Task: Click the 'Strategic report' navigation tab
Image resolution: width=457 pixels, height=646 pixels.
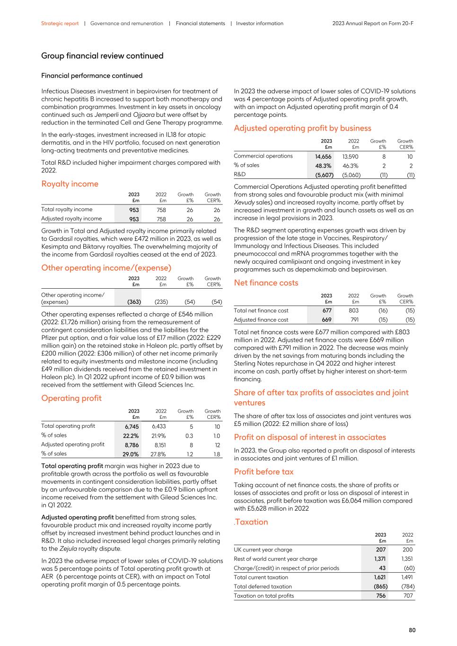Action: (60, 23)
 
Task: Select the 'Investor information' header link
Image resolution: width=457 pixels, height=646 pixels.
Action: (259, 23)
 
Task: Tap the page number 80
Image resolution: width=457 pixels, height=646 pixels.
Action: (412, 630)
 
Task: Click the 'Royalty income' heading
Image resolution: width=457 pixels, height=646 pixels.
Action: (70, 184)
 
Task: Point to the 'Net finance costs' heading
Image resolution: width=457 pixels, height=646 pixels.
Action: (266, 283)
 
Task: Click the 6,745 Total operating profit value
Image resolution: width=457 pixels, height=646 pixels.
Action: (132, 426)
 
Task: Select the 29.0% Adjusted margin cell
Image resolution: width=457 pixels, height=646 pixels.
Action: (131, 454)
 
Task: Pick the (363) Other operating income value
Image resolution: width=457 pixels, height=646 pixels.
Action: (134, 302)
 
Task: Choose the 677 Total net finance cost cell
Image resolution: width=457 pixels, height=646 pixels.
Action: (326, 311)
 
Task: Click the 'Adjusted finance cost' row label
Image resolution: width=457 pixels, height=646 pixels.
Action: (261, 320)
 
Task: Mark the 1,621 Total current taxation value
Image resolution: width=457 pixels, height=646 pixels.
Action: (379, 577)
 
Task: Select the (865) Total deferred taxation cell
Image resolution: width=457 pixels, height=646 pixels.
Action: (378, 586)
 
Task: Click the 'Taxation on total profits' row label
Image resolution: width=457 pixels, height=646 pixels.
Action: (264, 596)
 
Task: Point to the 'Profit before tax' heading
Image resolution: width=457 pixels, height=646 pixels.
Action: (264, 472)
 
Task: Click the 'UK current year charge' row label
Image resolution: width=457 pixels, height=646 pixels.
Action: (263, 550)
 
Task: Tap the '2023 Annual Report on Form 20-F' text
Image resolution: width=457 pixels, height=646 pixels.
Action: (373, 23)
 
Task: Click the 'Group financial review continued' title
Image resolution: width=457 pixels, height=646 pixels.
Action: (102, 56)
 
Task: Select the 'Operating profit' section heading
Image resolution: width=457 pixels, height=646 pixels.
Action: (71, 398)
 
